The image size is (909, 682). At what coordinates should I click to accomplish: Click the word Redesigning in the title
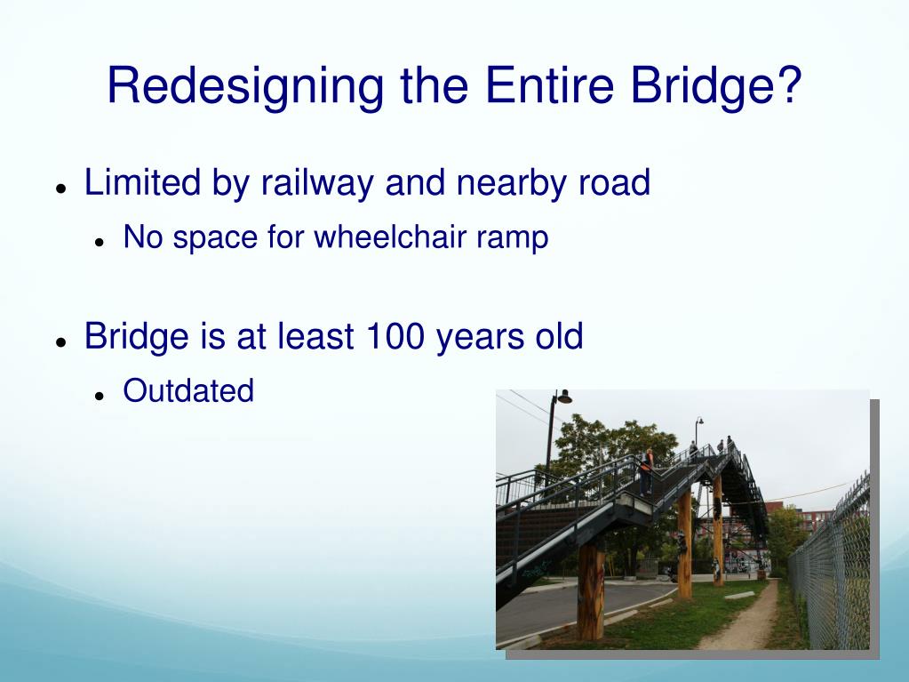click(244, 87)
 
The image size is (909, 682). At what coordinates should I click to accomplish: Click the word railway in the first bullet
click(317, 183)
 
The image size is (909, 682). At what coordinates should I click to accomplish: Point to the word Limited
click(142, 182)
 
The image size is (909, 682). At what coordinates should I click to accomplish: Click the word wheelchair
click(390, 237)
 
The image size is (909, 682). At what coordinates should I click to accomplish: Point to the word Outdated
click(188, 390)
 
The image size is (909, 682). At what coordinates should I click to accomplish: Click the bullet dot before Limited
click(60, 189)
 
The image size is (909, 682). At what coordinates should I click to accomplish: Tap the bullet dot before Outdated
click(100, 396)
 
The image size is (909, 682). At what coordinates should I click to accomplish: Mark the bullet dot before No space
click(100, 243)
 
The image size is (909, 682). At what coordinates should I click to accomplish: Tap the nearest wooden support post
click(591, 590)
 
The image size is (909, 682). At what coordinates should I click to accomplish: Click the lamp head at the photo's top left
click(563, 397)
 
